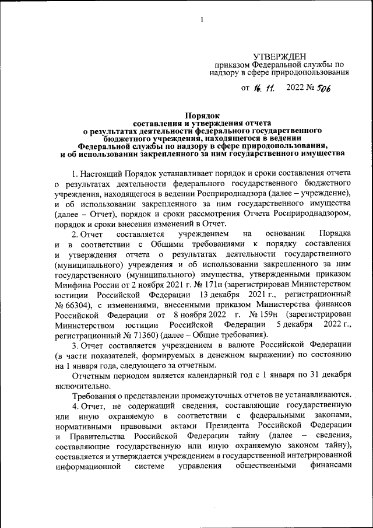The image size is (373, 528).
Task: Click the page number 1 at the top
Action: (x=202, y=20)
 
